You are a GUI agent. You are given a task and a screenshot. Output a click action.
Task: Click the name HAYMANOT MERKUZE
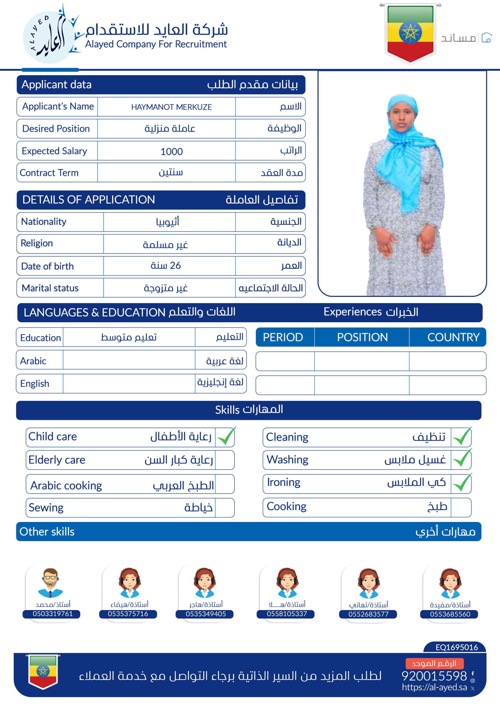point(171,107)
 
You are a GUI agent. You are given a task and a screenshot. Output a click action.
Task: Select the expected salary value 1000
point(171,152)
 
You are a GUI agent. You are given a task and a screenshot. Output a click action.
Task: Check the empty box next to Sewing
point(225,508)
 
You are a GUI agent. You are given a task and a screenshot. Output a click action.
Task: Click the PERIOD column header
point(283,337)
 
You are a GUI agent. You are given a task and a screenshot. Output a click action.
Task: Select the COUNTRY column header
point(453,337)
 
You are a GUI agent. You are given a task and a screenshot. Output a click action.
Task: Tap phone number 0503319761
point(53,614)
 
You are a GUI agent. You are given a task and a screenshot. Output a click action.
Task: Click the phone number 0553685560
point(450,614)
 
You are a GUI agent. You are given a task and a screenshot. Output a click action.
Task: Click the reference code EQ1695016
point(457,647)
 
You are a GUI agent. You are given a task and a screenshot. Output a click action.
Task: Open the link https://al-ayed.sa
point(434,687)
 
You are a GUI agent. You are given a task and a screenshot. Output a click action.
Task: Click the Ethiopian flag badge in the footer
point(43,671)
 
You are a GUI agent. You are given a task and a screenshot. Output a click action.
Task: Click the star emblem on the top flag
point(410,32)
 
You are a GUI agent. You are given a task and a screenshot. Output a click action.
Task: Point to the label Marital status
point(50,288)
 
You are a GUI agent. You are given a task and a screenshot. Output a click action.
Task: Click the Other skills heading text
point(47,532)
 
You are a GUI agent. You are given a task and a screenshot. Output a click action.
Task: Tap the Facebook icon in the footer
point(473,673)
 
